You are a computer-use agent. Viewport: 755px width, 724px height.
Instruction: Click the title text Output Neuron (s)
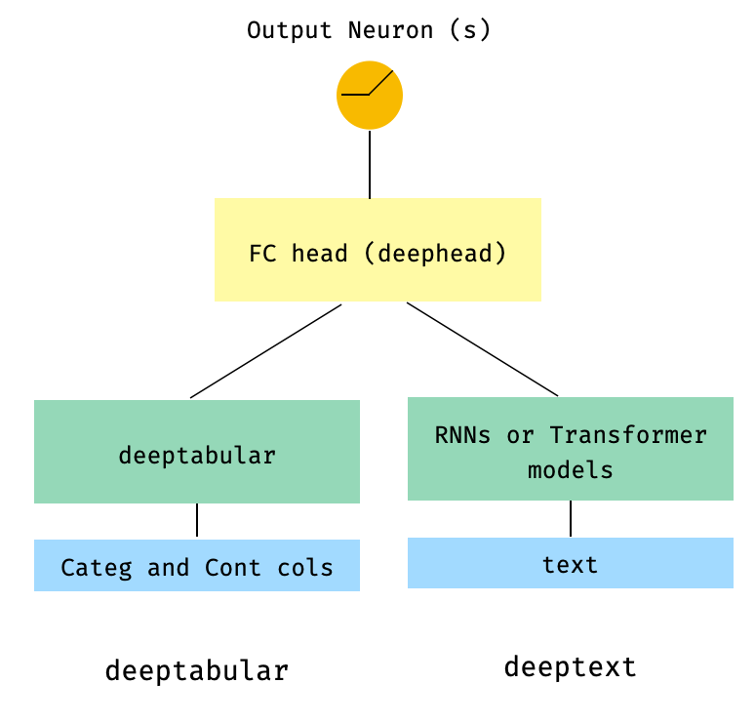(x=370, y=30)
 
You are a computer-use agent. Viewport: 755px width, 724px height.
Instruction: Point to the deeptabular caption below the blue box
(x=197, y=671)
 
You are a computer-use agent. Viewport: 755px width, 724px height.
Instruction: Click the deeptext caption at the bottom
(x=571, y=667)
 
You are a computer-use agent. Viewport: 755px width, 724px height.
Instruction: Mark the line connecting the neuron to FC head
(x=370, y=164)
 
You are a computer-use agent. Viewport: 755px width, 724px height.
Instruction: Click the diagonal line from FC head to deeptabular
(x=265, y=351)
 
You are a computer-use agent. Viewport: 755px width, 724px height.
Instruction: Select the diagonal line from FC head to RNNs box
(x=482, y=349)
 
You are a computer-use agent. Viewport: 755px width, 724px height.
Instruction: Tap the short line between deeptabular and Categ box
(x=197, y=520)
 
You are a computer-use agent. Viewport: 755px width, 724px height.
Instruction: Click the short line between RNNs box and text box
(x=571, y=518)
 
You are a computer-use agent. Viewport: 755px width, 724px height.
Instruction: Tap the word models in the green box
(x=571, y=470)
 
